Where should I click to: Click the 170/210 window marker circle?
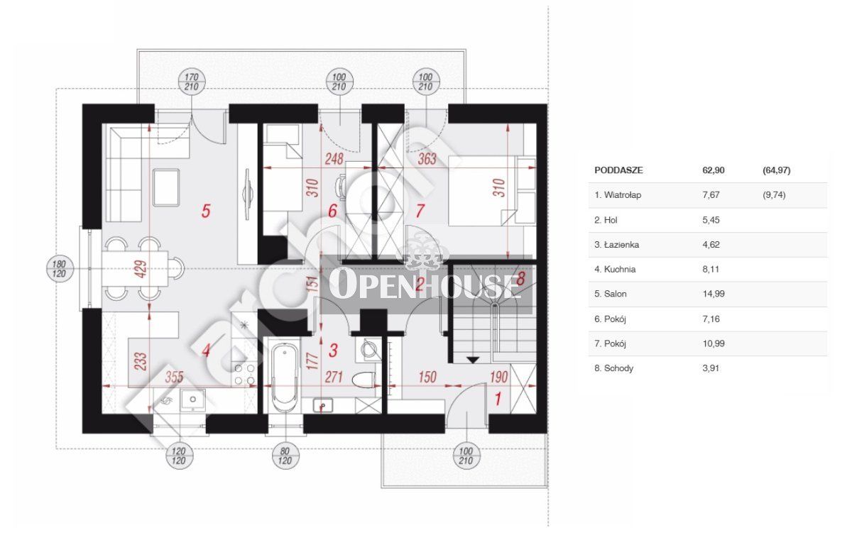click(x=192, y=82)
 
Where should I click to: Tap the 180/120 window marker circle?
click(x=59, y=269)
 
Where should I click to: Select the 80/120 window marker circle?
click(x=285, y=456)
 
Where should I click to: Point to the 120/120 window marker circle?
click(x=179, y=456)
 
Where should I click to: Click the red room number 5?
click(x=206, y=211)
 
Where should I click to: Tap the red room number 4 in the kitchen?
click(x=206, y=351)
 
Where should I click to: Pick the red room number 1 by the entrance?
click(x=497, y=399)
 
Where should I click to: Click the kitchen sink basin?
click(x=193, y=400)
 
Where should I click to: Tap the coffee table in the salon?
click(x=166, y=188)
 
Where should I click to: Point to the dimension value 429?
click(x=141, y=269)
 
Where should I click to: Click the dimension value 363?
click(x=427, y=158)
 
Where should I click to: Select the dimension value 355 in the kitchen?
click(x=174, y=377)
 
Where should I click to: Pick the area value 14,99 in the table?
click(x=714, y=294)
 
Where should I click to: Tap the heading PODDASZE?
click(x=618, y=170)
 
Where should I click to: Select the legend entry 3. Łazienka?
click(x=616, y=245)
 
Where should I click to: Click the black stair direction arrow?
click(x=473, y=360)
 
